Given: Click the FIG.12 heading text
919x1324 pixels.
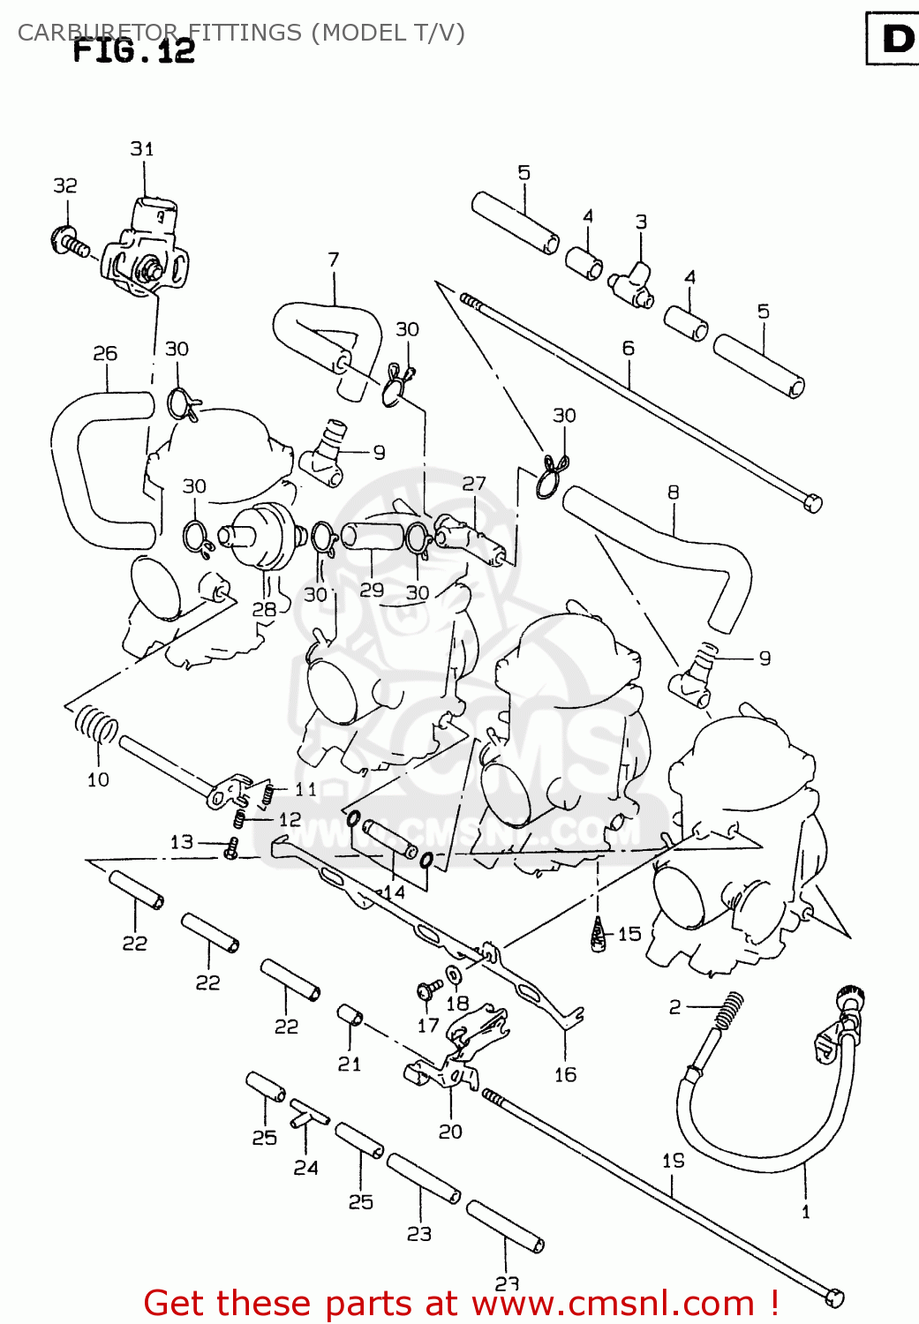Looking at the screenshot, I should point(134,50).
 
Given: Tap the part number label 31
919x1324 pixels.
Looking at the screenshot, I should point(142,148).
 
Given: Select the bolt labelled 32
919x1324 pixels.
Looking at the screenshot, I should point(71,241).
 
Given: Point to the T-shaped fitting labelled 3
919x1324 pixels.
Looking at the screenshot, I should point(634,282).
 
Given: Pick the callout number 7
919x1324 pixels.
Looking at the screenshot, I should point(333,260).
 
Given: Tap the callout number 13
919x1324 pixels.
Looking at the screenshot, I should point(182,842).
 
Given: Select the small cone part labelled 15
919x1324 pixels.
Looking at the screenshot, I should point(599,936).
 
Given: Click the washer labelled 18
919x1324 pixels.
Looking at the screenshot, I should point(453,975).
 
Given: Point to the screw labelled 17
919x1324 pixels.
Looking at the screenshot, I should point(430,989).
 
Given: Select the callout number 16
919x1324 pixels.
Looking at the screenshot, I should point(565,1074).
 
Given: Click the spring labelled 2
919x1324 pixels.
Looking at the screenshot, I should point(729,1011).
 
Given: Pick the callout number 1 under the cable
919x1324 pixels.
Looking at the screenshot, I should point(805,1212).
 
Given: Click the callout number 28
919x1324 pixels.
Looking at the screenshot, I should point(264,609).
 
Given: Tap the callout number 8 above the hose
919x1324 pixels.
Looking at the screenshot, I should point(674,493).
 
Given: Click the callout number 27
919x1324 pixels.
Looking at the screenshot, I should point(474,484).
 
